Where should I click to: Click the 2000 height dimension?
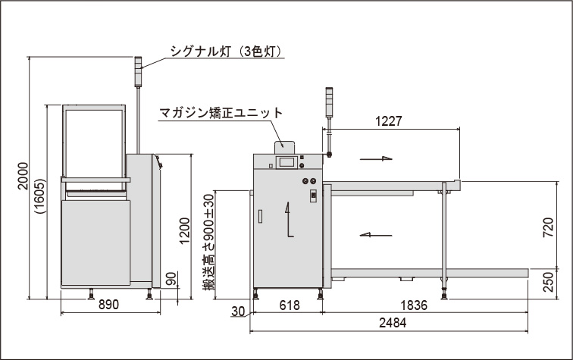(23, 176)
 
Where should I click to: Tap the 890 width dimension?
(108, 305)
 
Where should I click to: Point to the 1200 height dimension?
(185, 231)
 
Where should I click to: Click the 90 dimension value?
(171, 278)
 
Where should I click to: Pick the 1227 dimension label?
(389, 121)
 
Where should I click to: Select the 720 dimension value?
(548, 227)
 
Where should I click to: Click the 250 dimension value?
(548, 282)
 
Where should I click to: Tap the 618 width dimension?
(289, 305)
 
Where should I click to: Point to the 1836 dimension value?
(414, 305)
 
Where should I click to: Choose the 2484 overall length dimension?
(393, 323)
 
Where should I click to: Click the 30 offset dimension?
(238, 311)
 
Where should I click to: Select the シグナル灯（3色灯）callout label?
(227, 52)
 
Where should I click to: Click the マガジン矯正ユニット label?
(221, 113)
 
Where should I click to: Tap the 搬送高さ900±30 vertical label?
(208, 243)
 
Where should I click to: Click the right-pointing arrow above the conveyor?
(376, 158)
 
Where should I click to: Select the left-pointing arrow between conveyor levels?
(376, 235)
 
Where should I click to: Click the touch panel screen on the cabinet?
(286, 162)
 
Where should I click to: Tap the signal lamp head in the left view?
(138, 72)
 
